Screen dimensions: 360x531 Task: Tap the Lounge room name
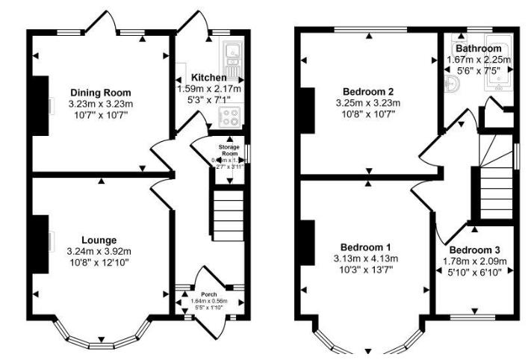(x=99, y=240)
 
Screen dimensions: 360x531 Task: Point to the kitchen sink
(x=232, y=53)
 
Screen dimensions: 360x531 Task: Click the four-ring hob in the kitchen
(x=227, y=116)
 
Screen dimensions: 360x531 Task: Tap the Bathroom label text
(x=478, y=49)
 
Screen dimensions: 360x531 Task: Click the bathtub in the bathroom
(x=497, y=71)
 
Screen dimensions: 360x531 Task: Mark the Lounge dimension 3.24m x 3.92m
(x=99, y=251)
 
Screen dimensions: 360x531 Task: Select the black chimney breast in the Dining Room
(x=40, y=105)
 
